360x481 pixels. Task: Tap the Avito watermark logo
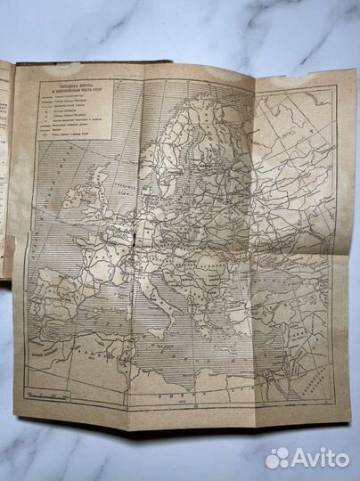pyautogui.click(x=307, y=458)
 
